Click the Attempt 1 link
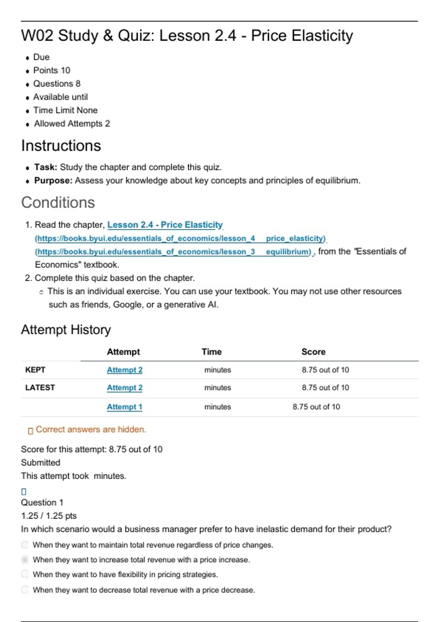click(124, 407)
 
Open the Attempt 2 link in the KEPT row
click(124, 370)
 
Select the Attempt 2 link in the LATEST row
click(124, 388)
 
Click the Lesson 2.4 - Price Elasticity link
click(165, 225)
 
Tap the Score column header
click(313, 352)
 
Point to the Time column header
click(211, 352)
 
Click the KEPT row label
click(35, 370)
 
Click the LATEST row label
click(40, 388)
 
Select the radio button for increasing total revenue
click(25, 560)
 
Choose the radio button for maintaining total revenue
click(25, 545)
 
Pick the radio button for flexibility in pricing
click(25, 574)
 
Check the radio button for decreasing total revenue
click(25, 589)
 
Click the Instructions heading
click(61, 146)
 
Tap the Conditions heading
click(58, 202)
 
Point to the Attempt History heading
click(66, 330)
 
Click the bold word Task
click(45, 167)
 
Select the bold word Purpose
click(53, 181)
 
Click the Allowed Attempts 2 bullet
click(72, 124)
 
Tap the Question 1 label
click(42, 502)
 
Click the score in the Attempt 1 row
click(316, 407)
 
